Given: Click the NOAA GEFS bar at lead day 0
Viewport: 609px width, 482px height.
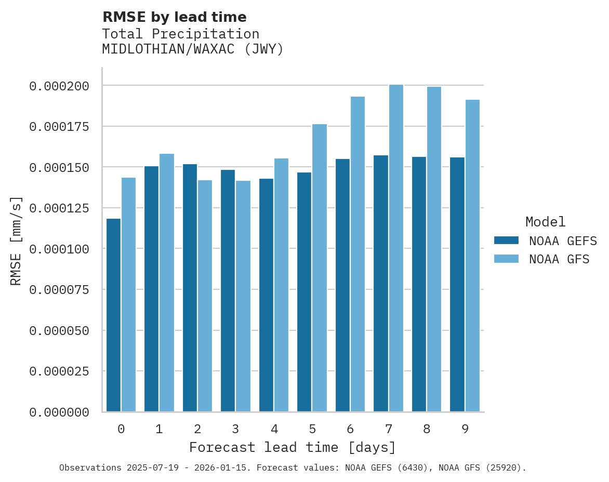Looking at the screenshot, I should pyautogui.click(x=113, y=315).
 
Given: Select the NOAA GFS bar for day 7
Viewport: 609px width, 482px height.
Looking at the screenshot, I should pyautogui.click(x=396, y=248).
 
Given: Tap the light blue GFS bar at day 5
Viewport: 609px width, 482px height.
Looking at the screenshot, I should pyautogui.click(x=320, y=267).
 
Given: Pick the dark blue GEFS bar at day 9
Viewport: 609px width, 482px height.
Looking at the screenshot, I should pyautogui.click(x=457, y=284).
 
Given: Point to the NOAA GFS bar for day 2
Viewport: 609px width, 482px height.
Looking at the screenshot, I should pyautogui.click(x=205, y=296).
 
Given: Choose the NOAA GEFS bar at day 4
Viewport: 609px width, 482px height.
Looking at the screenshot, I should pyautogui.click(x=266, y=294).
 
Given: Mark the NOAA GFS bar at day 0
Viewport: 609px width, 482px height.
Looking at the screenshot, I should pyautogui.click(x=128, y=294).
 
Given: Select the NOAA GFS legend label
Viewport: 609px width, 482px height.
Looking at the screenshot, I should pyautogui.click(x=559, y=259).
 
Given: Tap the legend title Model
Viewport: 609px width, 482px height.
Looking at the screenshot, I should pyautogui.click(x=545, y=222).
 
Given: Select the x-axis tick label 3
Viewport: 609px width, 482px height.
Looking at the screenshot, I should pyautogui.click(x=235, y=429).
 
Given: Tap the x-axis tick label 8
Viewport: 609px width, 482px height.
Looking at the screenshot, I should pyautogui.click(x=427, y=429).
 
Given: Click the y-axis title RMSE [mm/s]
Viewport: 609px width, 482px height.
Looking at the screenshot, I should pyautogui.click(x=16, y=240).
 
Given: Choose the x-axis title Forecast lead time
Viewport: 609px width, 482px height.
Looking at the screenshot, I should pyautogui.click(x=293, y=447).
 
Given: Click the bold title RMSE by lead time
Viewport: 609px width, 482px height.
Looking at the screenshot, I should pyautogui.click(x=174, y=17).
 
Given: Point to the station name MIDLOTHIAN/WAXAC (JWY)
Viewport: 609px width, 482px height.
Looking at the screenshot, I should pyautogui.click(x=193, y=49).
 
